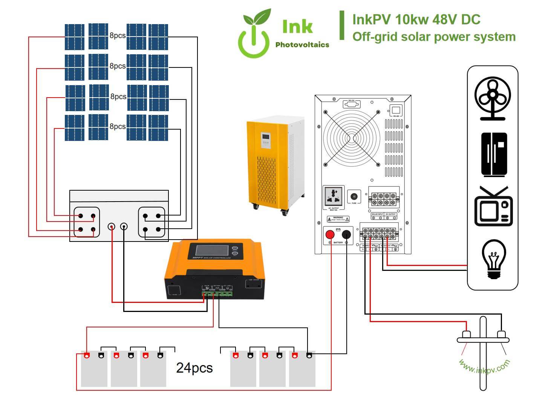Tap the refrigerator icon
(x=494, y=154)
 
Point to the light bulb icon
(x=494, y=260)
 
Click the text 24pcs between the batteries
(x=194, y=368)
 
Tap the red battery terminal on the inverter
(x=330, y=235)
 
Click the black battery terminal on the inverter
(x=346, y=235)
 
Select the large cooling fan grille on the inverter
(x=351, y=138)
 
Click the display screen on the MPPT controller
(x=209, y=252)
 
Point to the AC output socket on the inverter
(x=334, y=196)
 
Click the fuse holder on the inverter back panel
(x=354, y=197)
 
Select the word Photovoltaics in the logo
(x=302, y=45)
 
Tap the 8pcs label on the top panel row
(x=118, y=36)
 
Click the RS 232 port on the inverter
(x=351, y=104)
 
